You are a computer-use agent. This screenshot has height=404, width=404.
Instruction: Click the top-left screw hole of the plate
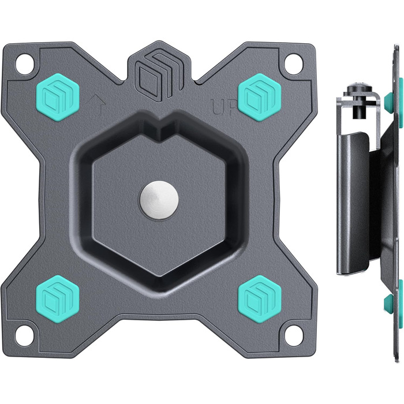pyautogui.click(x=25, y=62)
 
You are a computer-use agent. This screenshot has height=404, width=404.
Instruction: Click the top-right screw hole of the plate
pyautogui.click(x=293, y=62)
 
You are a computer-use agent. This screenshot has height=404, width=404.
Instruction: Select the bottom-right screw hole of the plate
pyautogui.click(x=293, y=334)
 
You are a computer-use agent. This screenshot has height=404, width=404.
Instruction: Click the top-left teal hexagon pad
pyautogui.click(x=58, y=97)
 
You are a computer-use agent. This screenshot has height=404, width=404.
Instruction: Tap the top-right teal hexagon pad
pyautogui.click(x=260, y=97)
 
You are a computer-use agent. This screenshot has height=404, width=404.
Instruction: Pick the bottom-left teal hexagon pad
pyautogui.click(x=58, y=299)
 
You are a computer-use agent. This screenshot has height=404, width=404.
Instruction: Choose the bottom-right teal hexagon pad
pyautogui.click(x=260, y=299)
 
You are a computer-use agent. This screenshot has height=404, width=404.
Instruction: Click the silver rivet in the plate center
pyautogui.click(x=159, y=200)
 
